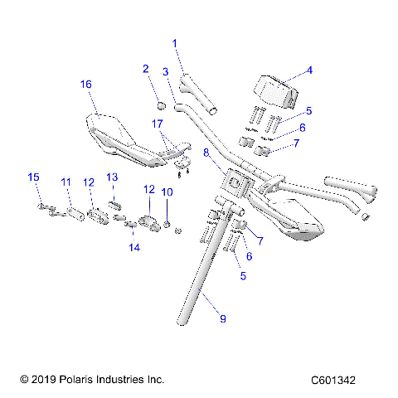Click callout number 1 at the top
(175, 43)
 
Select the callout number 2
(145, 69)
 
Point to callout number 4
(309, 70)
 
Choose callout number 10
(166, 192)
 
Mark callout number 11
(66, 182)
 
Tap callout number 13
(112, 177)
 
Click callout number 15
(34, 177)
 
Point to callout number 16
(85, 85)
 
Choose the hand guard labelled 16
(116, 137)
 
